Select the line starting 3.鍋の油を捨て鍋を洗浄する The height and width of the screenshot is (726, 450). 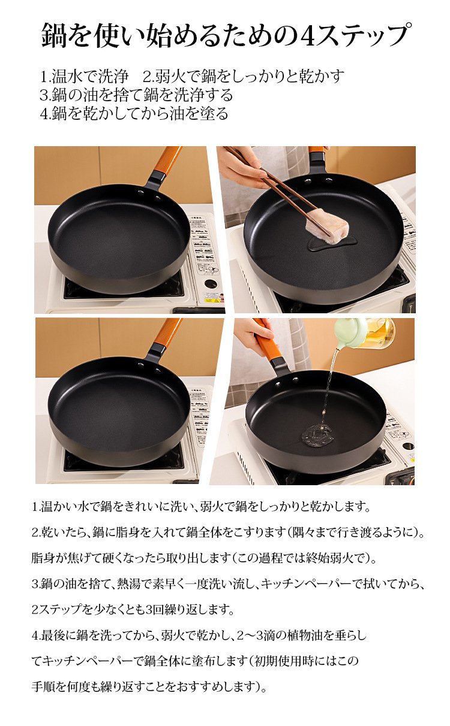(136, 95)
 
